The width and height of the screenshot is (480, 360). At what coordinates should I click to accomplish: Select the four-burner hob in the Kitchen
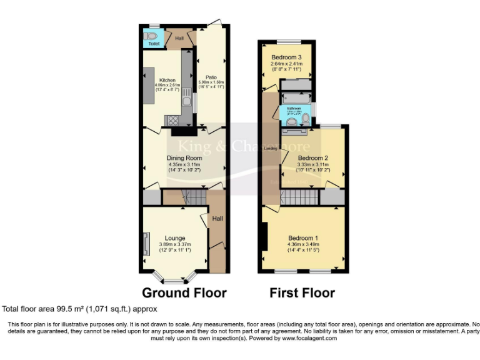[x=172, y=121]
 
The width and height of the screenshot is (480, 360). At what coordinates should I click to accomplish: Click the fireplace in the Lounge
[x=146, y=243]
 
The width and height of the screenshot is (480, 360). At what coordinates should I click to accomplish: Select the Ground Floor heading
[x=184, y=292]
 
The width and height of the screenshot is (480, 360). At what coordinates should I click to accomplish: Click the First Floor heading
[x=302, y=292]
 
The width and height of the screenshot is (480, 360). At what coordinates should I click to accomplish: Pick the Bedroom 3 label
[x=286, y=57]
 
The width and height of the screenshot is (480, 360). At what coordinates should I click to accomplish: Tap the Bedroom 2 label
[x=312, y=157]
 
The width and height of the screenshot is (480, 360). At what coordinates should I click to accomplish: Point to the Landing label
[x=271, y=149]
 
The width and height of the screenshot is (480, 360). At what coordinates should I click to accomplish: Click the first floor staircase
[x=299, y=199]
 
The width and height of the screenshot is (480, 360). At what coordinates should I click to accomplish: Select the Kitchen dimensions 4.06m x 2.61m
[x=167, y=86]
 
